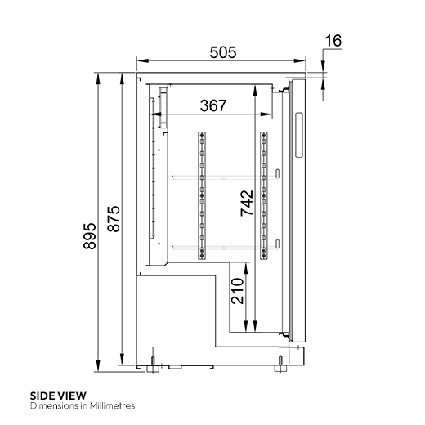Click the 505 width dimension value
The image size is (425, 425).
[221, 52]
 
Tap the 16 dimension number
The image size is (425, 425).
[333, 40]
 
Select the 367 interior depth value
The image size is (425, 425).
[212, 105]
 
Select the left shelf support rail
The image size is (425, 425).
[199, 195]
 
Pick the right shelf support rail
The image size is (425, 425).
[263, 195]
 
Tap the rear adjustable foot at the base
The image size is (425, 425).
[153, 362]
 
